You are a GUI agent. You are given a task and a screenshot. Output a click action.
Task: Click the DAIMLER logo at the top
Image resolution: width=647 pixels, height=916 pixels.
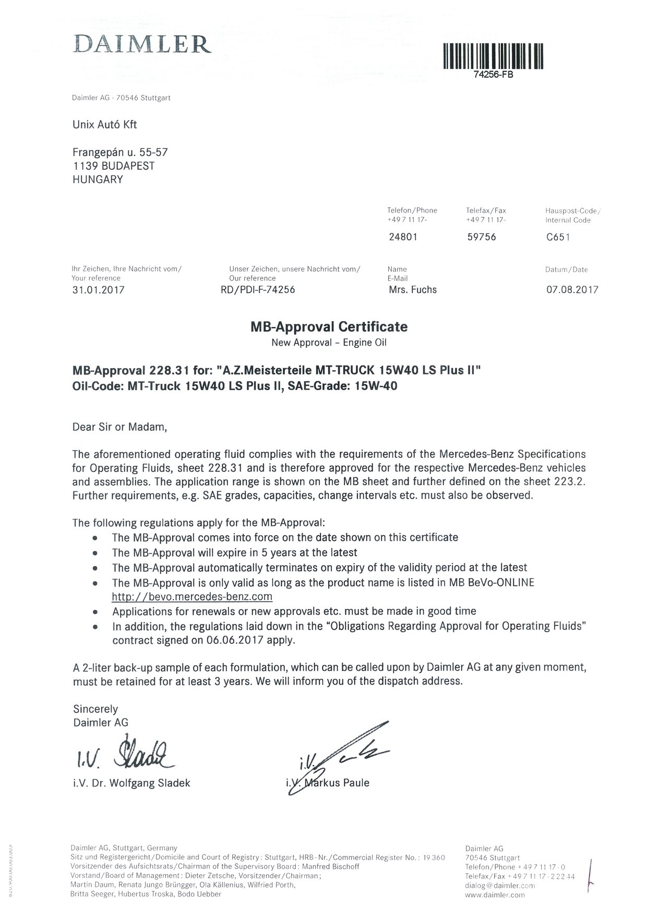coord(142,44)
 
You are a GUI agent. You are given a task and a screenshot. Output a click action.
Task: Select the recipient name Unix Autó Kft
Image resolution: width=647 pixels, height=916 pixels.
coord(104,125)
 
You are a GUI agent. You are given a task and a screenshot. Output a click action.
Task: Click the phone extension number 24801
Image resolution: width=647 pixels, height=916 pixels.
coord(403,237)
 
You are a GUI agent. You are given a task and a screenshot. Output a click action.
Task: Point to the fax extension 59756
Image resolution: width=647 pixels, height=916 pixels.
coord(481,237)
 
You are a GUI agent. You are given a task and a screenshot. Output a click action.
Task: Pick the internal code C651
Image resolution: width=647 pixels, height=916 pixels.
coord(558,237)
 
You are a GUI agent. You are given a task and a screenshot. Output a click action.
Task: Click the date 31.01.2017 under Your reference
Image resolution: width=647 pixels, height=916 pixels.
coord(99,290)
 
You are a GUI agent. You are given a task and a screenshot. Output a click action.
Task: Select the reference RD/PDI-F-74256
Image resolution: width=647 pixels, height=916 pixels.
coord(258,290)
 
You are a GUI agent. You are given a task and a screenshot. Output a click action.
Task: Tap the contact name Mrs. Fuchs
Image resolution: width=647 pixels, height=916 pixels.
coord(413,290)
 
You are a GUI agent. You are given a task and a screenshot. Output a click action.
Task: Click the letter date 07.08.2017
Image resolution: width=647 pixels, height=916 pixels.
coord(572,290)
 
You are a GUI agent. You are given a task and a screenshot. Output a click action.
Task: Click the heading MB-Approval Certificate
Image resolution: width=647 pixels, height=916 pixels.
coord(329,327)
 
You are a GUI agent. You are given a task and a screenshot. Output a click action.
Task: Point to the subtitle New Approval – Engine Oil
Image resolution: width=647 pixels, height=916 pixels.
coord(329,343)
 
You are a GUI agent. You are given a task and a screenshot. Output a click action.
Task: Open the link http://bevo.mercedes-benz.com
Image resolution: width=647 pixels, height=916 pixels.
coord(192,596)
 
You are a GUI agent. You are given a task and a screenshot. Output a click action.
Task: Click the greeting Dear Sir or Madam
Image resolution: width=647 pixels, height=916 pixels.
coord(120,427)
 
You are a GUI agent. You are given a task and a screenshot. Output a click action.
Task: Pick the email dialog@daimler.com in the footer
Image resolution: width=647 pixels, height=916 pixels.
coord(500,886)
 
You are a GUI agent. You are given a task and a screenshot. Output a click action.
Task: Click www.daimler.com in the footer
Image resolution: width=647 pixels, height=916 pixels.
coord(495,895)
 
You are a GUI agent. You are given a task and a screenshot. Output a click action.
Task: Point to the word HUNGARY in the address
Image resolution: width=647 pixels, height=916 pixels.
coord(98,180)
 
